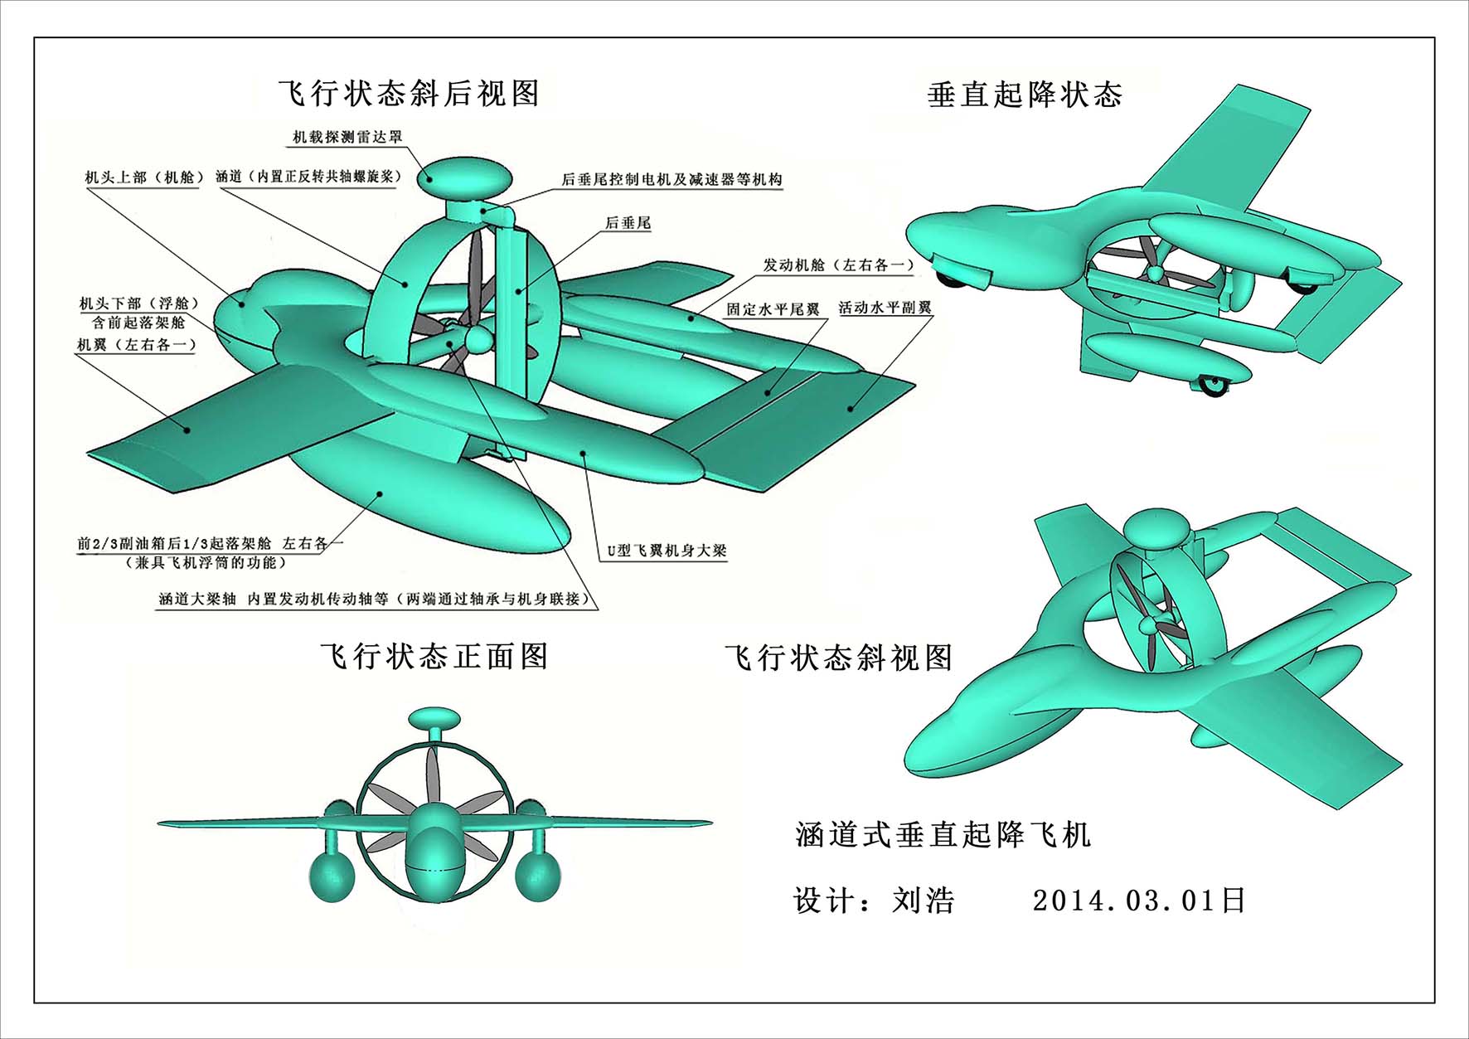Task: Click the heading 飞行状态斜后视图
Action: click(409, 93)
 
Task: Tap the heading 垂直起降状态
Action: click(1025, 95)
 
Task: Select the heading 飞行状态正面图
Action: click(434, 656)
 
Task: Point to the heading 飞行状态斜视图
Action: click(838, 658)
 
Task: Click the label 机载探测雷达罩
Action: click(347, 137)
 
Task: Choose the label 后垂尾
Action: click(628, 222)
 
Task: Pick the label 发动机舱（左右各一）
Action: click(838, 265)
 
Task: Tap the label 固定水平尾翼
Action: click(773, 309)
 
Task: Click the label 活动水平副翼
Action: click(885, 308)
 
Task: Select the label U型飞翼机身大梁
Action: click(667, 550)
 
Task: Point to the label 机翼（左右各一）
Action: click(137, 343)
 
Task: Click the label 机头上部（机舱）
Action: click(143, 177)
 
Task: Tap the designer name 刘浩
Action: click(923, 900)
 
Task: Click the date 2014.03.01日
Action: click(1138, 900)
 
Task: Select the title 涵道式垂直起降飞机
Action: click(943, 834)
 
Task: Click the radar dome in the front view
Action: click(434, 718)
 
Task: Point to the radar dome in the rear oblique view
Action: click(464, 177)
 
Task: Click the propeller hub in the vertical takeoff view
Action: click(1154, 272)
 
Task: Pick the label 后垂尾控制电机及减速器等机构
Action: click(671, 179)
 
